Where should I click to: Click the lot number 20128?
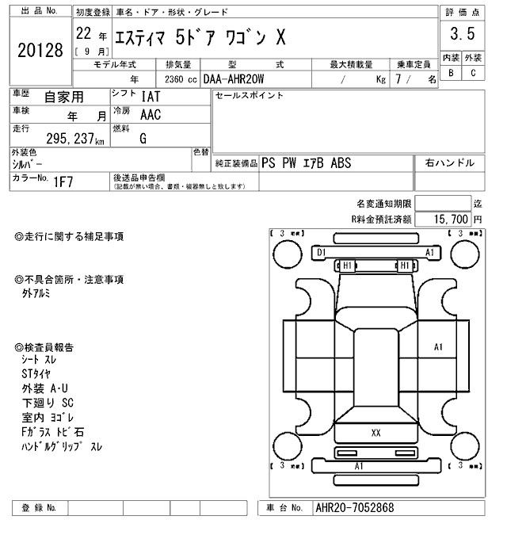[39, 51]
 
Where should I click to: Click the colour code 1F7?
[64, 182]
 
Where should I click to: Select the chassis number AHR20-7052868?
[354, 507]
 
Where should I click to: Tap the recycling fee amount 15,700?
[449, 218]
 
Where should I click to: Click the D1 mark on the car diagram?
[321, 252]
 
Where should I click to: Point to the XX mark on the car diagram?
[375, 433]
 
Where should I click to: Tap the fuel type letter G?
[143, 139]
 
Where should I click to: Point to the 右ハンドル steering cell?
[449, 163]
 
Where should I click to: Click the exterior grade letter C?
[473, 74]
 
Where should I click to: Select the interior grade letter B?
[451, 74]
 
